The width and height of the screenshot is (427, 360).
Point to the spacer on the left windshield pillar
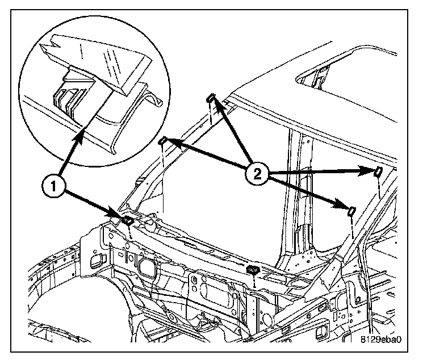162,140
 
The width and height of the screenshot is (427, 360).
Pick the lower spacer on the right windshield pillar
351,211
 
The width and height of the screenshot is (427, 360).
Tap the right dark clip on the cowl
253,269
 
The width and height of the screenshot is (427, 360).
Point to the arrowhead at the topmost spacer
216,104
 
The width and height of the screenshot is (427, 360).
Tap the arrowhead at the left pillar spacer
170,143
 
